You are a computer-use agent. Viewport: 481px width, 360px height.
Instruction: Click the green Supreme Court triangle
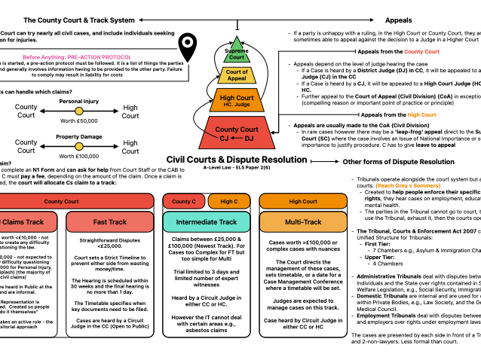237,51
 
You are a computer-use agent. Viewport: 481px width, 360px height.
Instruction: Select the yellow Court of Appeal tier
237,75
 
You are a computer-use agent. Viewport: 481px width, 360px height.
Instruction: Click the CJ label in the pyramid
224,139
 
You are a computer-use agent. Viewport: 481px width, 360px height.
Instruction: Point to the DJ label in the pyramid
249,139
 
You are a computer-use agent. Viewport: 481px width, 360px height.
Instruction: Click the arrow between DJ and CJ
237,139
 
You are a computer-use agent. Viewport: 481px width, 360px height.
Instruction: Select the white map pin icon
188,51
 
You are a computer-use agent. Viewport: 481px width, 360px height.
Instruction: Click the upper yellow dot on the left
79,111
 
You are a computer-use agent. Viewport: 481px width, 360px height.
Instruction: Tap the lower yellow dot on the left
79,146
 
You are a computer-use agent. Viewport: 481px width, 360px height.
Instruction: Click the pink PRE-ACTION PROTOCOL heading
77,57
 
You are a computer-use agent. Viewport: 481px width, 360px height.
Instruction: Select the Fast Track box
110,222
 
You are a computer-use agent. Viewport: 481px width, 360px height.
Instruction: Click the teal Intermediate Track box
207,222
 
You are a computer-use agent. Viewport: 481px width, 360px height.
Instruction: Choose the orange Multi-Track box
303,222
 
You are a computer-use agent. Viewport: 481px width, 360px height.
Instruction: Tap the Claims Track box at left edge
26,222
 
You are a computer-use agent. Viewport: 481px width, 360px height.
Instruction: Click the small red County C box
183,201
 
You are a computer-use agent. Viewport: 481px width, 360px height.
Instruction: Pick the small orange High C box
229,201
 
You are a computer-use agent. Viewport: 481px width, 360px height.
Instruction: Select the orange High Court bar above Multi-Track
303,201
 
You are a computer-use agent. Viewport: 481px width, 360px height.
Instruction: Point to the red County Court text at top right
421,52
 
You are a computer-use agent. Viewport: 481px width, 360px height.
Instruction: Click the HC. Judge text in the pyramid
237,105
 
